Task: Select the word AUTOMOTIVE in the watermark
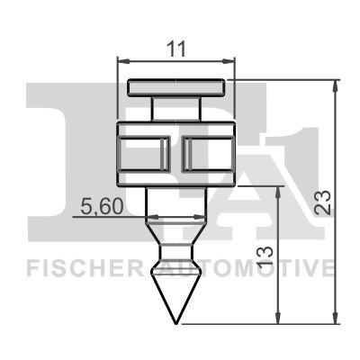pyautogui.click(x=266, y=267)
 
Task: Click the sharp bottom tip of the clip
pyautogui.click(x=175, y=323)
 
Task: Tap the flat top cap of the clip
pyautogui.click(x=175, y=87)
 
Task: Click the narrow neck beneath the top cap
pyautogui.click(x=175, y=107)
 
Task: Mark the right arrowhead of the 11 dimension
pyautogui.click(x=229, y=62)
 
